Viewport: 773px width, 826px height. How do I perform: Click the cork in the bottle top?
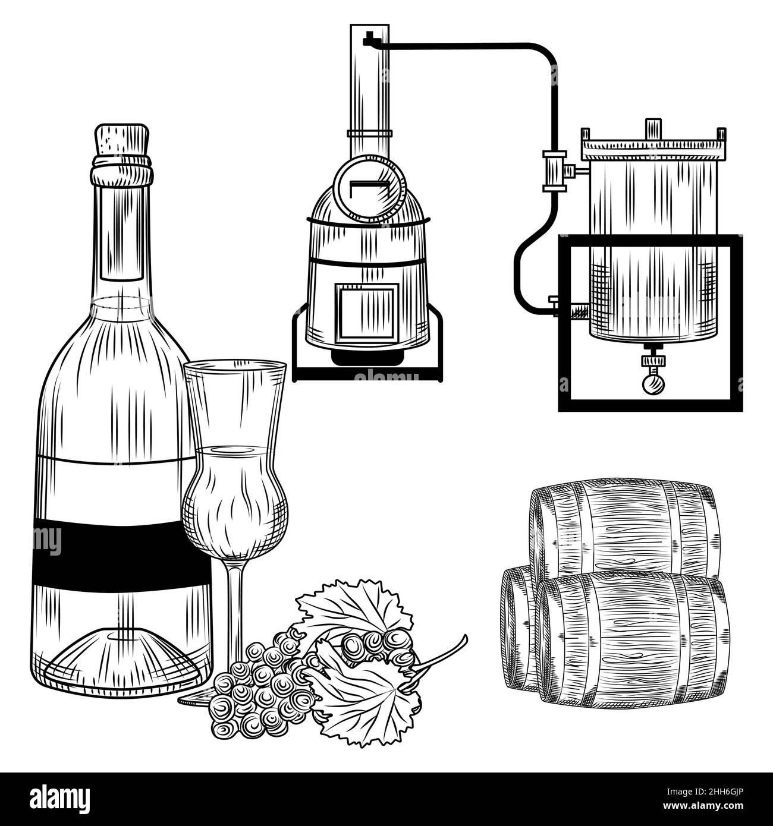122,140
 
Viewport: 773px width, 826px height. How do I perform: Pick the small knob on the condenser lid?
653,127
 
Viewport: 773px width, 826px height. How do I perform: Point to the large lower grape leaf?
363,695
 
